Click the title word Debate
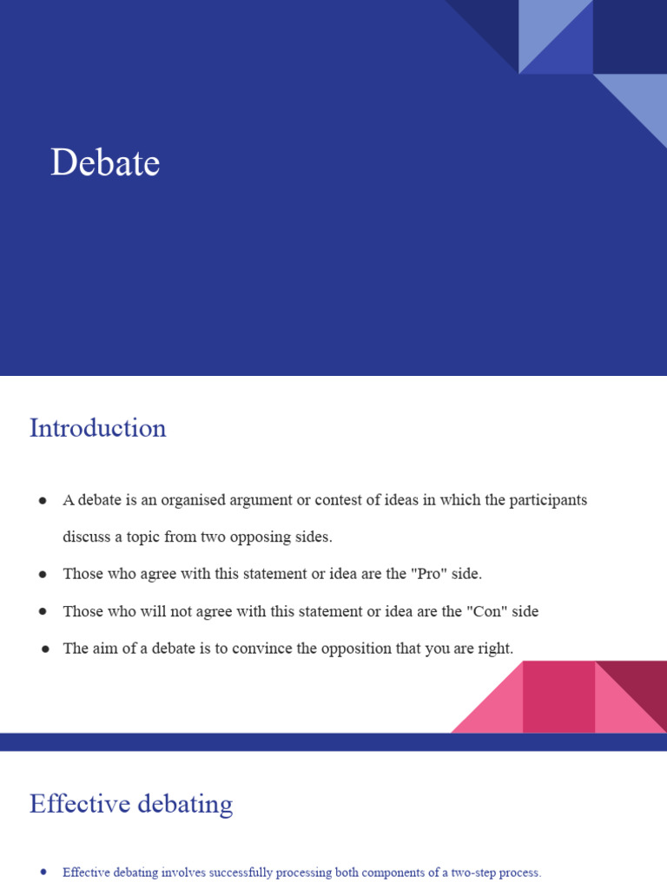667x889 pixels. pyautogui.click(x=105, y=162)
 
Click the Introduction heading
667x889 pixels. pyautogui.click(x=97, y=428)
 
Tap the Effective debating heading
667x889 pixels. pyautogui.click(x=131, y=804)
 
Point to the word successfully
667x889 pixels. pyautogui.click(x=231, y=873)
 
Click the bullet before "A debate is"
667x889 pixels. pyautogui.click(x=43, y=501)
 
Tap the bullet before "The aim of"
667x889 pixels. pyautogui.click(x=43, y=649)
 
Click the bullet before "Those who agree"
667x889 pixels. pyautogui.click(x=43, y=575)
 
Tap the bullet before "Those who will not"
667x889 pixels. pyautogui.click(x=43, y=612)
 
